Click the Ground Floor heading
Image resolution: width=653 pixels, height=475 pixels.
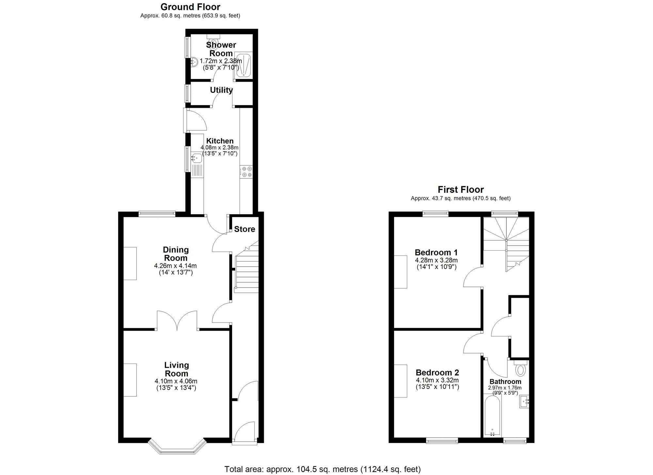[x=190, y=7]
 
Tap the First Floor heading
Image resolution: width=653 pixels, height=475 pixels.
[x=460, y=189]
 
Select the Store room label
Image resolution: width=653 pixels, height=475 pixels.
[x=245, y=229]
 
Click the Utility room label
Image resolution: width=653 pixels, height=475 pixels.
[x=221, y=90]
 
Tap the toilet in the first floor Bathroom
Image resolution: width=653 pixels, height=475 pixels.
[x=520, y=370]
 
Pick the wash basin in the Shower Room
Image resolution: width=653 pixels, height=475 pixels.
[x=194, y=62]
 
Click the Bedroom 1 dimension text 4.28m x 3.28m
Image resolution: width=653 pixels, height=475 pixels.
[x=436, y=260]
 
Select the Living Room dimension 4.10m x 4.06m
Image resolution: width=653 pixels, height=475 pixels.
[x=176, y=381]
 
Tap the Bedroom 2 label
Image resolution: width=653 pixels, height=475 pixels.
[x=437, y=373]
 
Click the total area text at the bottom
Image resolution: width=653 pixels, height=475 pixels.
[x=322, y=469]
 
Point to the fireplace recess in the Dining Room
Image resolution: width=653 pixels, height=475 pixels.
[x=130, y=263]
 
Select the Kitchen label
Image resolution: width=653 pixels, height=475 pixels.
[x=220, y=141]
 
